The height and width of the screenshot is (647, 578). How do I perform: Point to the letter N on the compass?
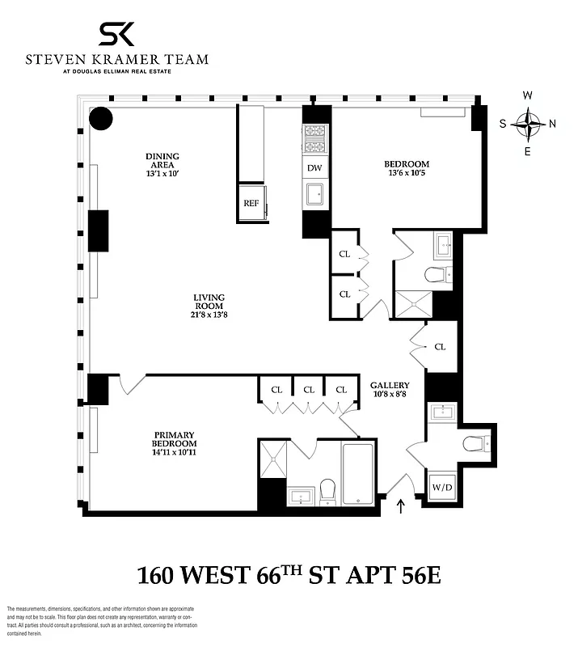point(553,124)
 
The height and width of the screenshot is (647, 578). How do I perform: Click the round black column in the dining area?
point(101,119)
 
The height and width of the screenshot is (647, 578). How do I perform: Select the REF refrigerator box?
point(251,203)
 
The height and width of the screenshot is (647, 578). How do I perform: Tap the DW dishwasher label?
point(314,168)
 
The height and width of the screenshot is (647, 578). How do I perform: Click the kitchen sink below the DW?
point(314,193)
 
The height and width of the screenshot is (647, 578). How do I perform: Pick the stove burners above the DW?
point(314,138)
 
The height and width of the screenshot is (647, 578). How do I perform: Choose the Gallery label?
point(390,386)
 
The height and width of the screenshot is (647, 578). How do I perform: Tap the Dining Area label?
point(162,160)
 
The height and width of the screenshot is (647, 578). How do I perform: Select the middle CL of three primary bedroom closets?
point(308,389)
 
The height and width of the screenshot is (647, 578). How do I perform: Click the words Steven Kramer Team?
point(116,59)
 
